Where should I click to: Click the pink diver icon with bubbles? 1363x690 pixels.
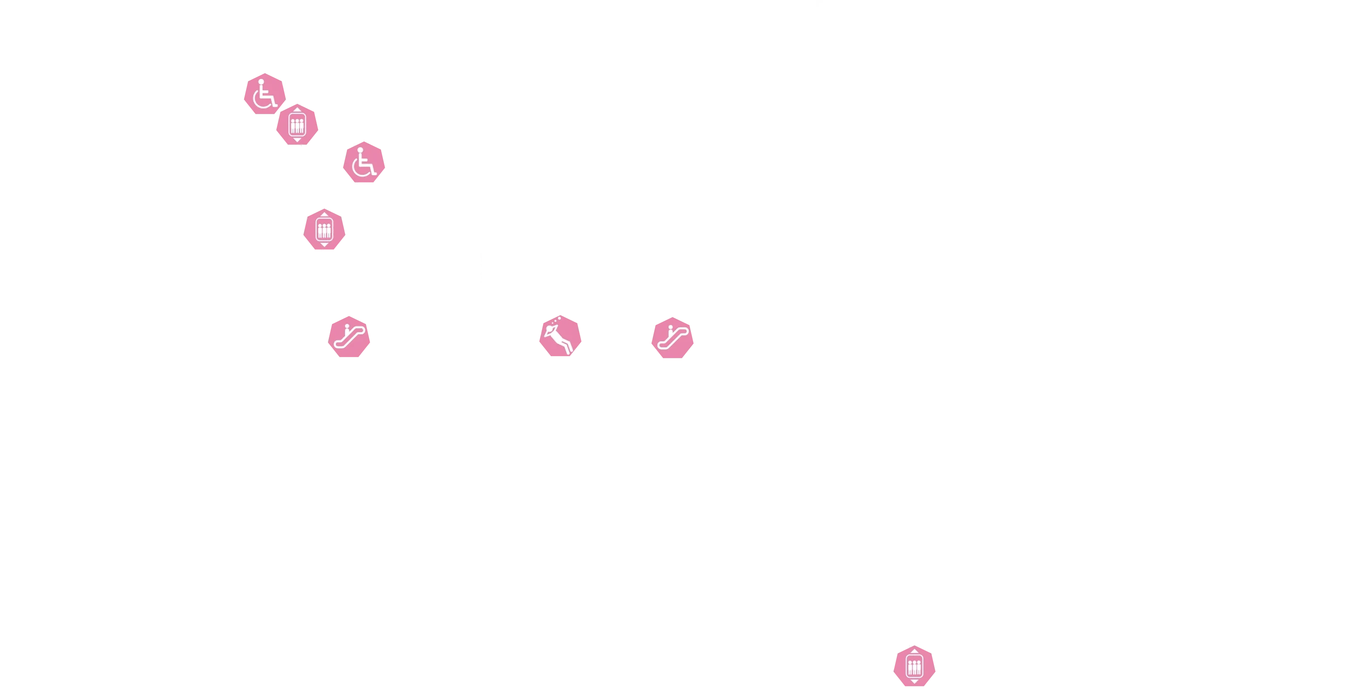pos(560,337)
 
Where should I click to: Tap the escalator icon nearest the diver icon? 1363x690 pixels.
pos(672,337)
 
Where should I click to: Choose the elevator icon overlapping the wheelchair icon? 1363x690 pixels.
pos(297,125)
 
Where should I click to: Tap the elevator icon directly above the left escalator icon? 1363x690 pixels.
pos(324,229)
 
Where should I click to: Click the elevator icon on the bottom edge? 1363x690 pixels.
pos(914,666)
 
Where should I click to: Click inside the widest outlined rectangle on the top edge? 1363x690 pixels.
pos(450,38)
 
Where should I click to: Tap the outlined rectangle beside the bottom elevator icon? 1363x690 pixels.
pos(862,656)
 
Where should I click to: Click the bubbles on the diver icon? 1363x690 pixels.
pos(553,320)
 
